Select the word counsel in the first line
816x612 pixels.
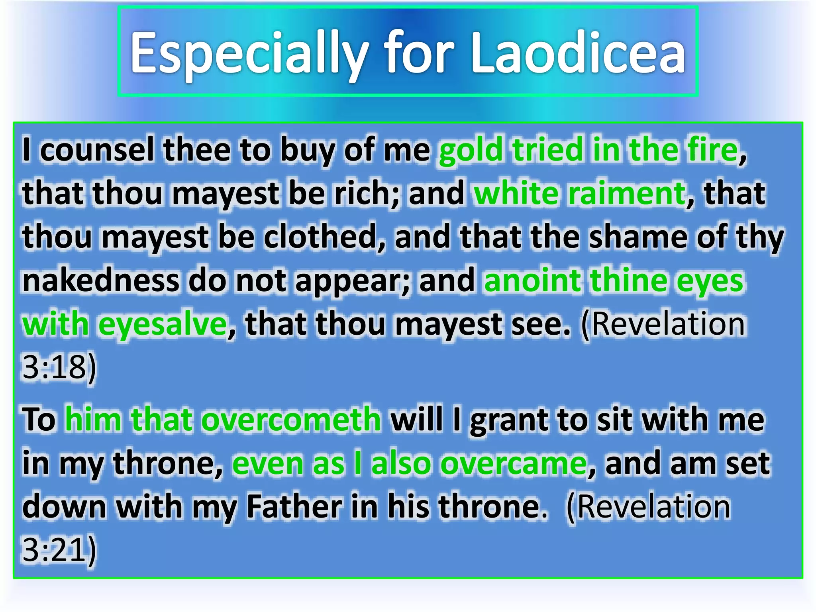[97, 150]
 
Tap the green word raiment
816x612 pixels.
[626, 194]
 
